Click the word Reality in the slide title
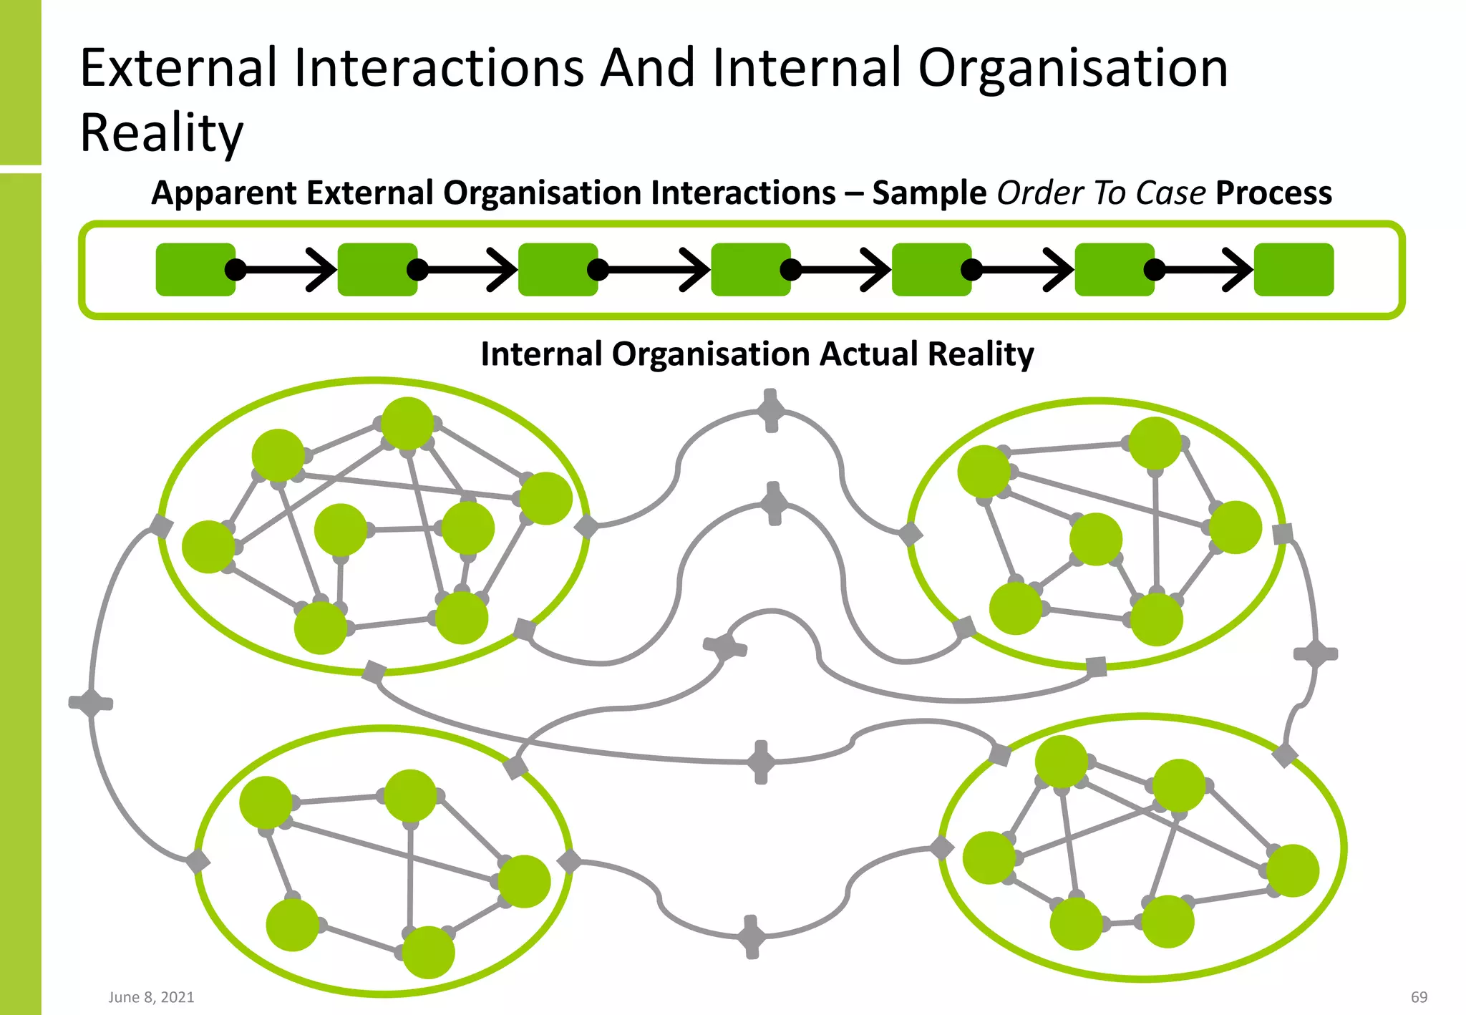(162, 133)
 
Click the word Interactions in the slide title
(439, 68)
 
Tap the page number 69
(1419, 997)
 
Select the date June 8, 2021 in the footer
(151, 997)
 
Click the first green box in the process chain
(195, 269)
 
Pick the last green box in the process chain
(1293, 269)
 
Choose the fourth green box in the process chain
(750, 269)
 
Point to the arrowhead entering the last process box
(1239, 269)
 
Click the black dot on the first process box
(236, 269)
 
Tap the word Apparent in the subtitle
(224, 193)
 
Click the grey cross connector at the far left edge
(91, 703)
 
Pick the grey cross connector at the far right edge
(1316, 654)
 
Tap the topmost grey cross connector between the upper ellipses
(771, 411)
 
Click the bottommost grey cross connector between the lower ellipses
(752, 936)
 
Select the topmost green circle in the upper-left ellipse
(407, 423)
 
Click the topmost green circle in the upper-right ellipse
(1155, 443)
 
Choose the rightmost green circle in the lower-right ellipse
(1293, 870)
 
